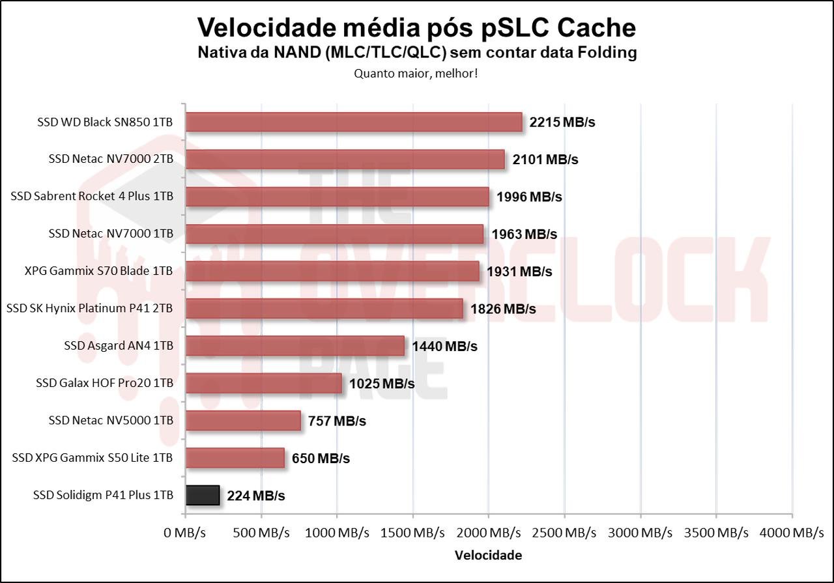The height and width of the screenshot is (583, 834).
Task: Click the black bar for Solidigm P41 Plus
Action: pyautogui.click(x=203, y=496)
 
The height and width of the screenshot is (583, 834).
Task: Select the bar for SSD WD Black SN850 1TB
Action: pyautogui.click(x=354, y=122)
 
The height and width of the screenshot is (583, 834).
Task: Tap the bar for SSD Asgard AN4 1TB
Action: pyautogui.click(x=295, y=346)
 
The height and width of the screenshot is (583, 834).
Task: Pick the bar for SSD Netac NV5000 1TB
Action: pyautogui.click(x=243, y=421)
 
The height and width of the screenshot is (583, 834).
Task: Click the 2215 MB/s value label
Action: pyautogui.click(x=562, y=122)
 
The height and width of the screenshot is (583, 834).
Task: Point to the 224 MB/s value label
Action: pyautogui.click(x=256, y=496)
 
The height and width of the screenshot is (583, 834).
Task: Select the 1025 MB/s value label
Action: pyautogui.click(x=382, y=384)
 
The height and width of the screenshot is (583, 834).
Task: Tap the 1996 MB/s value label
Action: pyautogui.click(x=529, y=197)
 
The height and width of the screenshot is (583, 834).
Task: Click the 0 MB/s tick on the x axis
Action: pyautogui.click(x=185, y=533)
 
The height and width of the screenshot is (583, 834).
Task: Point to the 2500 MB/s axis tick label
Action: pyautogui.click(x=564, y=533)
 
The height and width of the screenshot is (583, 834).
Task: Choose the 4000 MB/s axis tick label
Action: pyautogui.click(x=792, y=533)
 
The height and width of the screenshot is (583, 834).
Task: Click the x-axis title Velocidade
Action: pyautogui.click(x=488, y=556)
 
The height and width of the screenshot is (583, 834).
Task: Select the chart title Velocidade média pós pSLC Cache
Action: pyautogui.click(x=416, y=27)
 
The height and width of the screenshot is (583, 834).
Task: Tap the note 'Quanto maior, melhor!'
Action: pyautogui.click(x=416, y=74)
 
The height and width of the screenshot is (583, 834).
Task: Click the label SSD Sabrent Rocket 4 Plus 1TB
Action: pyautogui.click(x=92, y=196)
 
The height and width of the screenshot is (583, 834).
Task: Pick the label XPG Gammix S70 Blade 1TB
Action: pyautogui.click(x=98, y=271)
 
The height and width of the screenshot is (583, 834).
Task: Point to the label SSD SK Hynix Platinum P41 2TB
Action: pyautogui.click(x=90, y=308)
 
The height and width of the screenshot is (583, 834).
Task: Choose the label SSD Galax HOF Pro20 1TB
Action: pyautogui.click(x=104, y=383)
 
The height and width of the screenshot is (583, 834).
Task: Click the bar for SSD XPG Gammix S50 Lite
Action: pyautogui.click(x=235, y=458)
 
